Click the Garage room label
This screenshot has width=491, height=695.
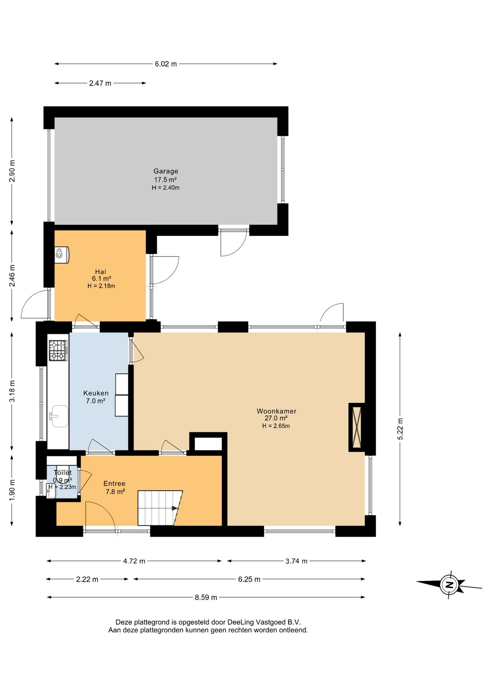(166, 171)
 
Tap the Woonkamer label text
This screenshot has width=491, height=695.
(277, 411)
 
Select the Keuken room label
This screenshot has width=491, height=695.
(96, 393)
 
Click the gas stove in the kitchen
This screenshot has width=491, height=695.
(58, 350)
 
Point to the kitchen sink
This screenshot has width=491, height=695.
(59, 416)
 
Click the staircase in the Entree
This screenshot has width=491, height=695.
(160, 508)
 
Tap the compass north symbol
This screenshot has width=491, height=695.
(449, 585)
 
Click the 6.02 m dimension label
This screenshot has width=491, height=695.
(166, 64)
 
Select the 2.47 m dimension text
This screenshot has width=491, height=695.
(100, 83)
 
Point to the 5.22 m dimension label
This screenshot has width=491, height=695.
(400, 429)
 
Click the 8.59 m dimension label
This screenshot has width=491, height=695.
(206, 597)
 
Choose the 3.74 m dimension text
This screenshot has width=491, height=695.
(296, 561)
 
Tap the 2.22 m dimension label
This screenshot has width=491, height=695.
(87, 579)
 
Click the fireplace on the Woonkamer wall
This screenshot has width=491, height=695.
(356, 427)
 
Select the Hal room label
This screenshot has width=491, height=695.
(101, 272)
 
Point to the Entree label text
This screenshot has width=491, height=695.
(114, 484)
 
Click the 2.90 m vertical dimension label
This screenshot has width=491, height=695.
(12, 171)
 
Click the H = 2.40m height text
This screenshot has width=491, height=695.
(166, 188)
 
